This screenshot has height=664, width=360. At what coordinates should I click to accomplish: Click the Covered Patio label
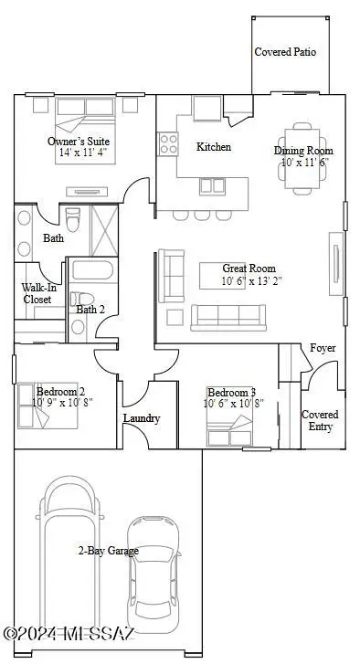285,52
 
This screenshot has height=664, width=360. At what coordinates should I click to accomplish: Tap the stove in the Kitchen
168,143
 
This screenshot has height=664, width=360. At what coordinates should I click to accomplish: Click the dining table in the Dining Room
302,158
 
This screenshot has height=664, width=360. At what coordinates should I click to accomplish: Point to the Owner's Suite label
79,142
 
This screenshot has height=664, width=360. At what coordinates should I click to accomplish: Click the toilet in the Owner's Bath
73,218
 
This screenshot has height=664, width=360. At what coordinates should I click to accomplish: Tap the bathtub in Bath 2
92,269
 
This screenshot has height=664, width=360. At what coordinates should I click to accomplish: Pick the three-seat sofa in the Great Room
228,318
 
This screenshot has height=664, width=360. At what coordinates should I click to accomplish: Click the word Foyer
323,348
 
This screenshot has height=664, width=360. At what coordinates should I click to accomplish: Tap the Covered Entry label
320,420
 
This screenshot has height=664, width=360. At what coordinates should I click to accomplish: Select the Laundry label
142,418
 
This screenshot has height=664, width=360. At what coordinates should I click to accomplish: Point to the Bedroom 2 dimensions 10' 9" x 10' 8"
62,402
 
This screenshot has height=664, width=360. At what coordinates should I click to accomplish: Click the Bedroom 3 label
231,392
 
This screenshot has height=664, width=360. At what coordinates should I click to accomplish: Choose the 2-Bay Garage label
108,551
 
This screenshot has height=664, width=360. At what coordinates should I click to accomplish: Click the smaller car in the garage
153,574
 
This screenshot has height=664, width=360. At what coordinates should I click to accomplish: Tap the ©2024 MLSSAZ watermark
69,634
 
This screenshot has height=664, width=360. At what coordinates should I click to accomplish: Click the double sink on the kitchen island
212,186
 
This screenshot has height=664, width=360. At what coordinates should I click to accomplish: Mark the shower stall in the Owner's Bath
104,230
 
